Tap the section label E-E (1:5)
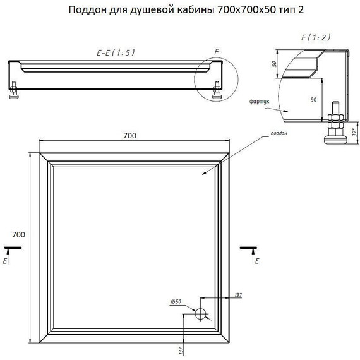[116, 53]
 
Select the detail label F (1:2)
[316, 37]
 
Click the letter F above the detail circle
[217, 52]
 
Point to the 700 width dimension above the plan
[129, 136]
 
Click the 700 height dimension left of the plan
[18, 235]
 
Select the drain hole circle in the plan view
[201, 314]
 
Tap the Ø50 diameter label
[176, 302]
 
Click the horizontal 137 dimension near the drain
[238, 294]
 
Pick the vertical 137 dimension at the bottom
[181, 351]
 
